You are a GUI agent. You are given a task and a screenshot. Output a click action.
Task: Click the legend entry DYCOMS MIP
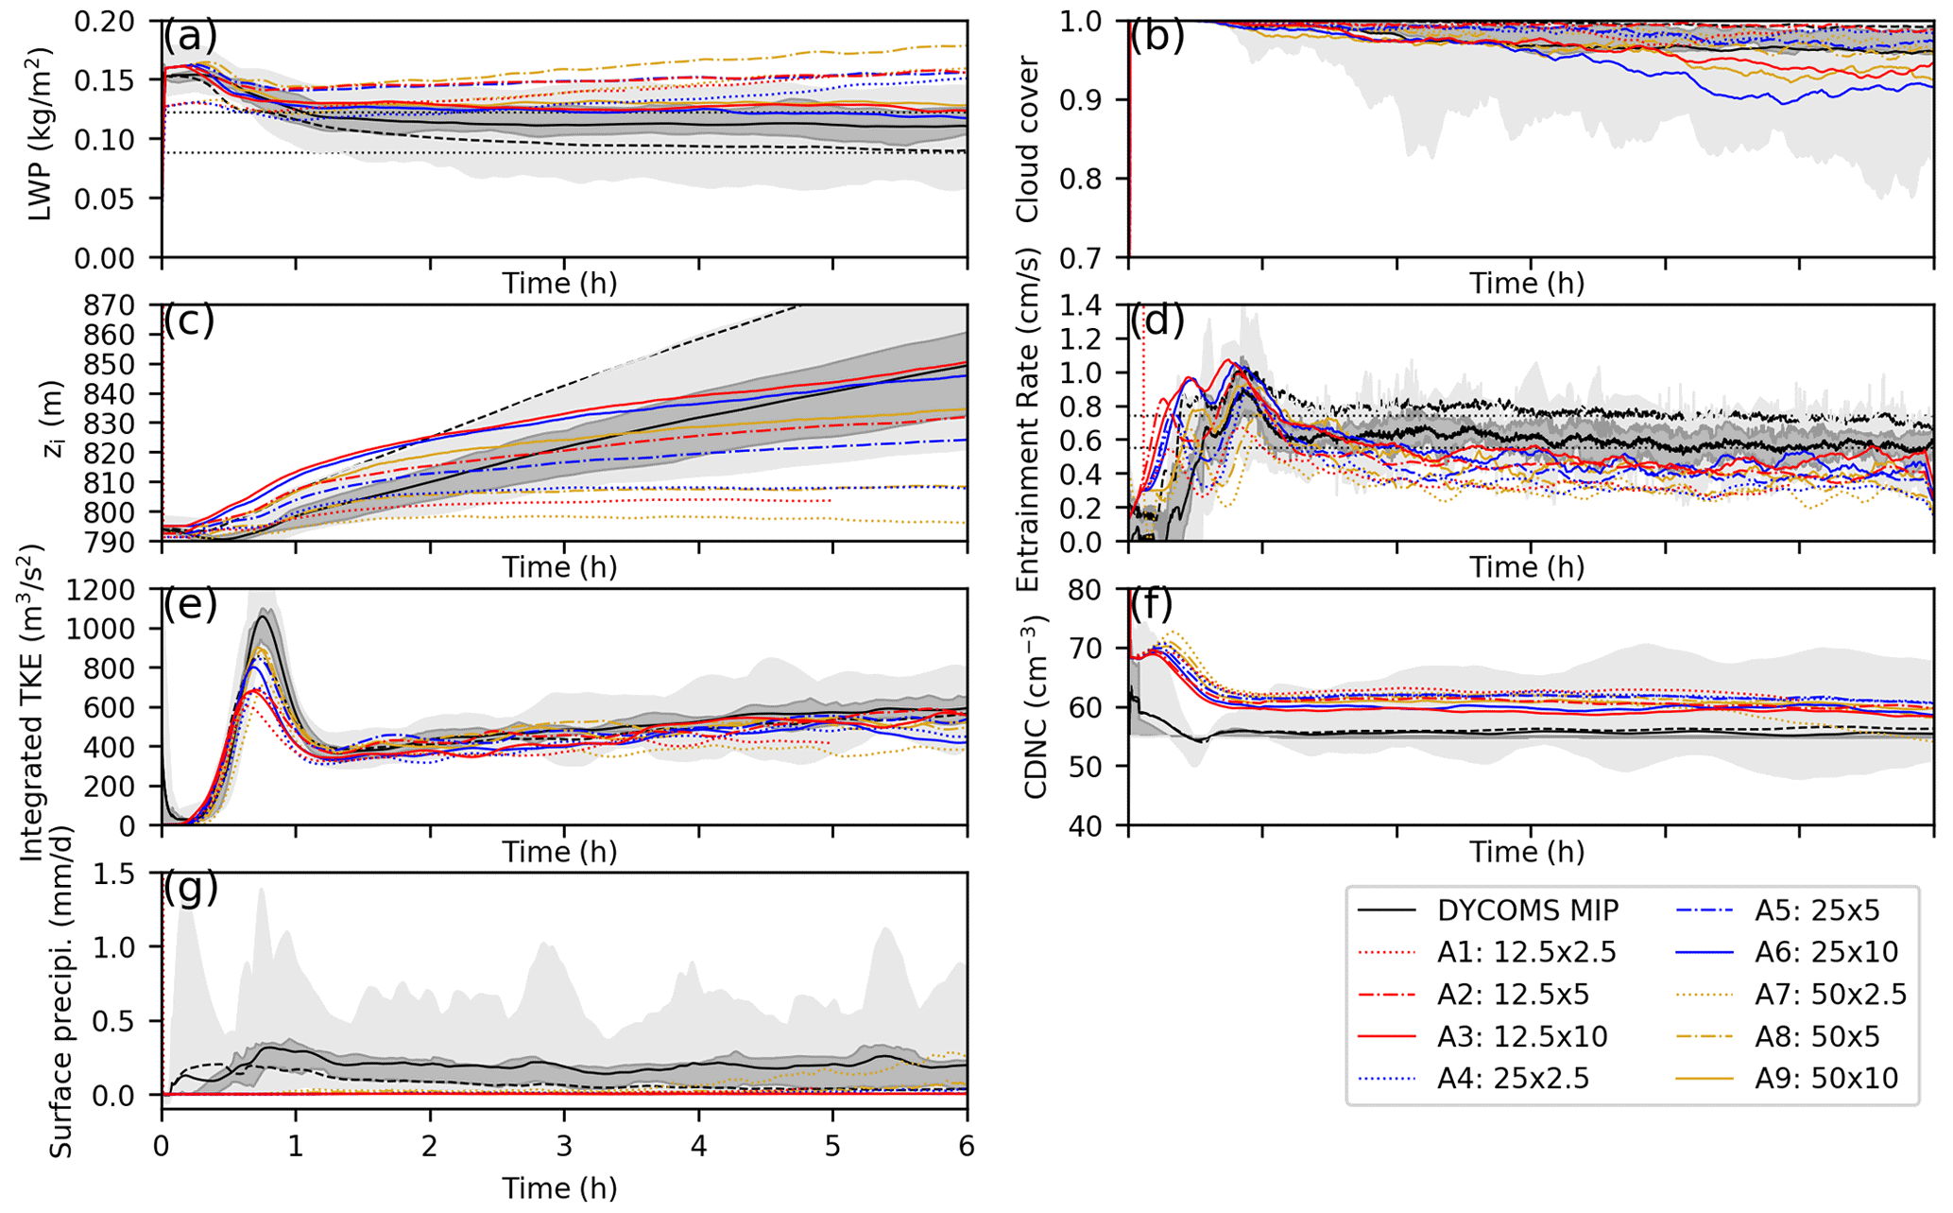pos(1528,910)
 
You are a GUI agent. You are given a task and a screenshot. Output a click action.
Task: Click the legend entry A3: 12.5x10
pos(1522,1037)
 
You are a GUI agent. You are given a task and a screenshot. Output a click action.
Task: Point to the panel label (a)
pos(190,37)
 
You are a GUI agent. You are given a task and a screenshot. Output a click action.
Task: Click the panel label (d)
pos(1157,321)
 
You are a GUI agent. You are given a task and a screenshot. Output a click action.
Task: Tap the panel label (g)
pos(190,889)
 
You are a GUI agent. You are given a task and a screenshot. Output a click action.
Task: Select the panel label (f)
pos(1156,605)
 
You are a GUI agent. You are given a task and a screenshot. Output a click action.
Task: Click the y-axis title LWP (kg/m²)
pos(40,134)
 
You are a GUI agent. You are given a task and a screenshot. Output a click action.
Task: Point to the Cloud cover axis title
pos(1027,139)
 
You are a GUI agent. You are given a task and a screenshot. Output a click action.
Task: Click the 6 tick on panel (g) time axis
pos(967,1146)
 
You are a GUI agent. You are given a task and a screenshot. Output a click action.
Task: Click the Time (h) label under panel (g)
pos(558,1187)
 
